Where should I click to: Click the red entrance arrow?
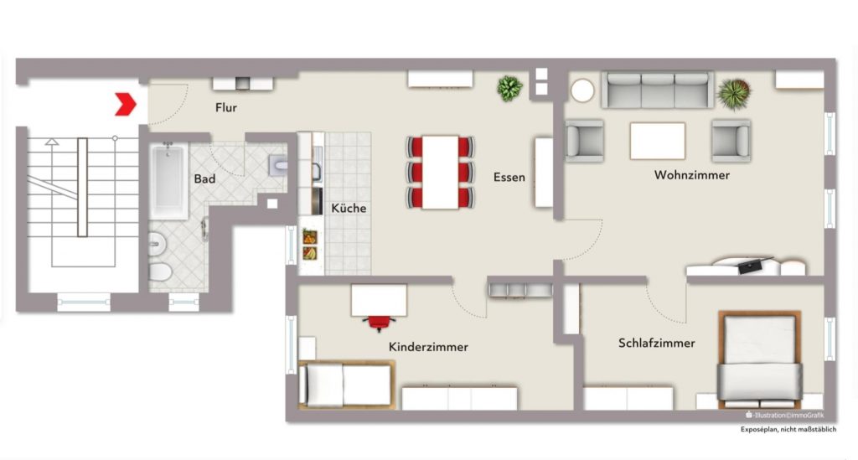pos(126,104)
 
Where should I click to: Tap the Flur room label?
pos(225,108)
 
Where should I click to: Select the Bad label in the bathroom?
pos(204,179)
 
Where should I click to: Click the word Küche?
pos(349,208)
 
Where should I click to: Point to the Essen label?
pos(509,177)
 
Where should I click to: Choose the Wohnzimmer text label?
pos(691,175)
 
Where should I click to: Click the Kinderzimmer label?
pos(428,346)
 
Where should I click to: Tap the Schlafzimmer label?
pos(657,343)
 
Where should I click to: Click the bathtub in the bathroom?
pos(170,178)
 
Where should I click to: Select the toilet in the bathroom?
pos(159,271)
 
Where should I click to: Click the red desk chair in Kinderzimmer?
pos(379,322)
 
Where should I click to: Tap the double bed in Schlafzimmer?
pos(759,359)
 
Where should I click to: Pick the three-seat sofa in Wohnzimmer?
pos(657,90)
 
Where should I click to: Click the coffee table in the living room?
pos(657,141)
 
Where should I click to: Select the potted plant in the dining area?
pos(509,87)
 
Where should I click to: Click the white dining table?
pos(441,172)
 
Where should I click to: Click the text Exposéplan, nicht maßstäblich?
pos(788,429)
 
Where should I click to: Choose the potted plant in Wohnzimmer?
pos(735,93)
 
